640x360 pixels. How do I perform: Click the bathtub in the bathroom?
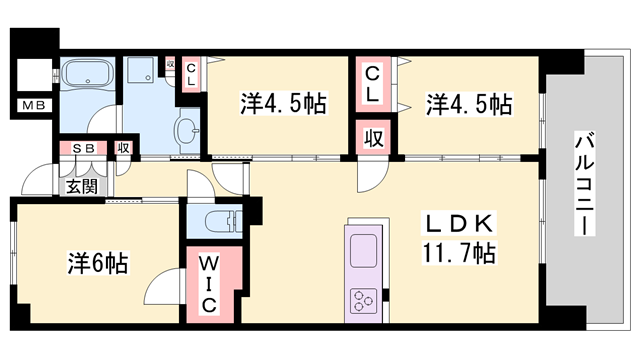[88, 77]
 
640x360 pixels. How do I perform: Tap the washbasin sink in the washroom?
[186, 131]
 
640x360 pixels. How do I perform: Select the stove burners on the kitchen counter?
[363, 298]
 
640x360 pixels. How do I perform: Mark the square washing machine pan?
[142, 73]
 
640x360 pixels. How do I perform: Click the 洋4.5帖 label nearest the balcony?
[470, 103]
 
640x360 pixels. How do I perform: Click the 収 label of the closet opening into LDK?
[371, 137]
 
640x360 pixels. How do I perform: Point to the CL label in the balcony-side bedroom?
[371, 85]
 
